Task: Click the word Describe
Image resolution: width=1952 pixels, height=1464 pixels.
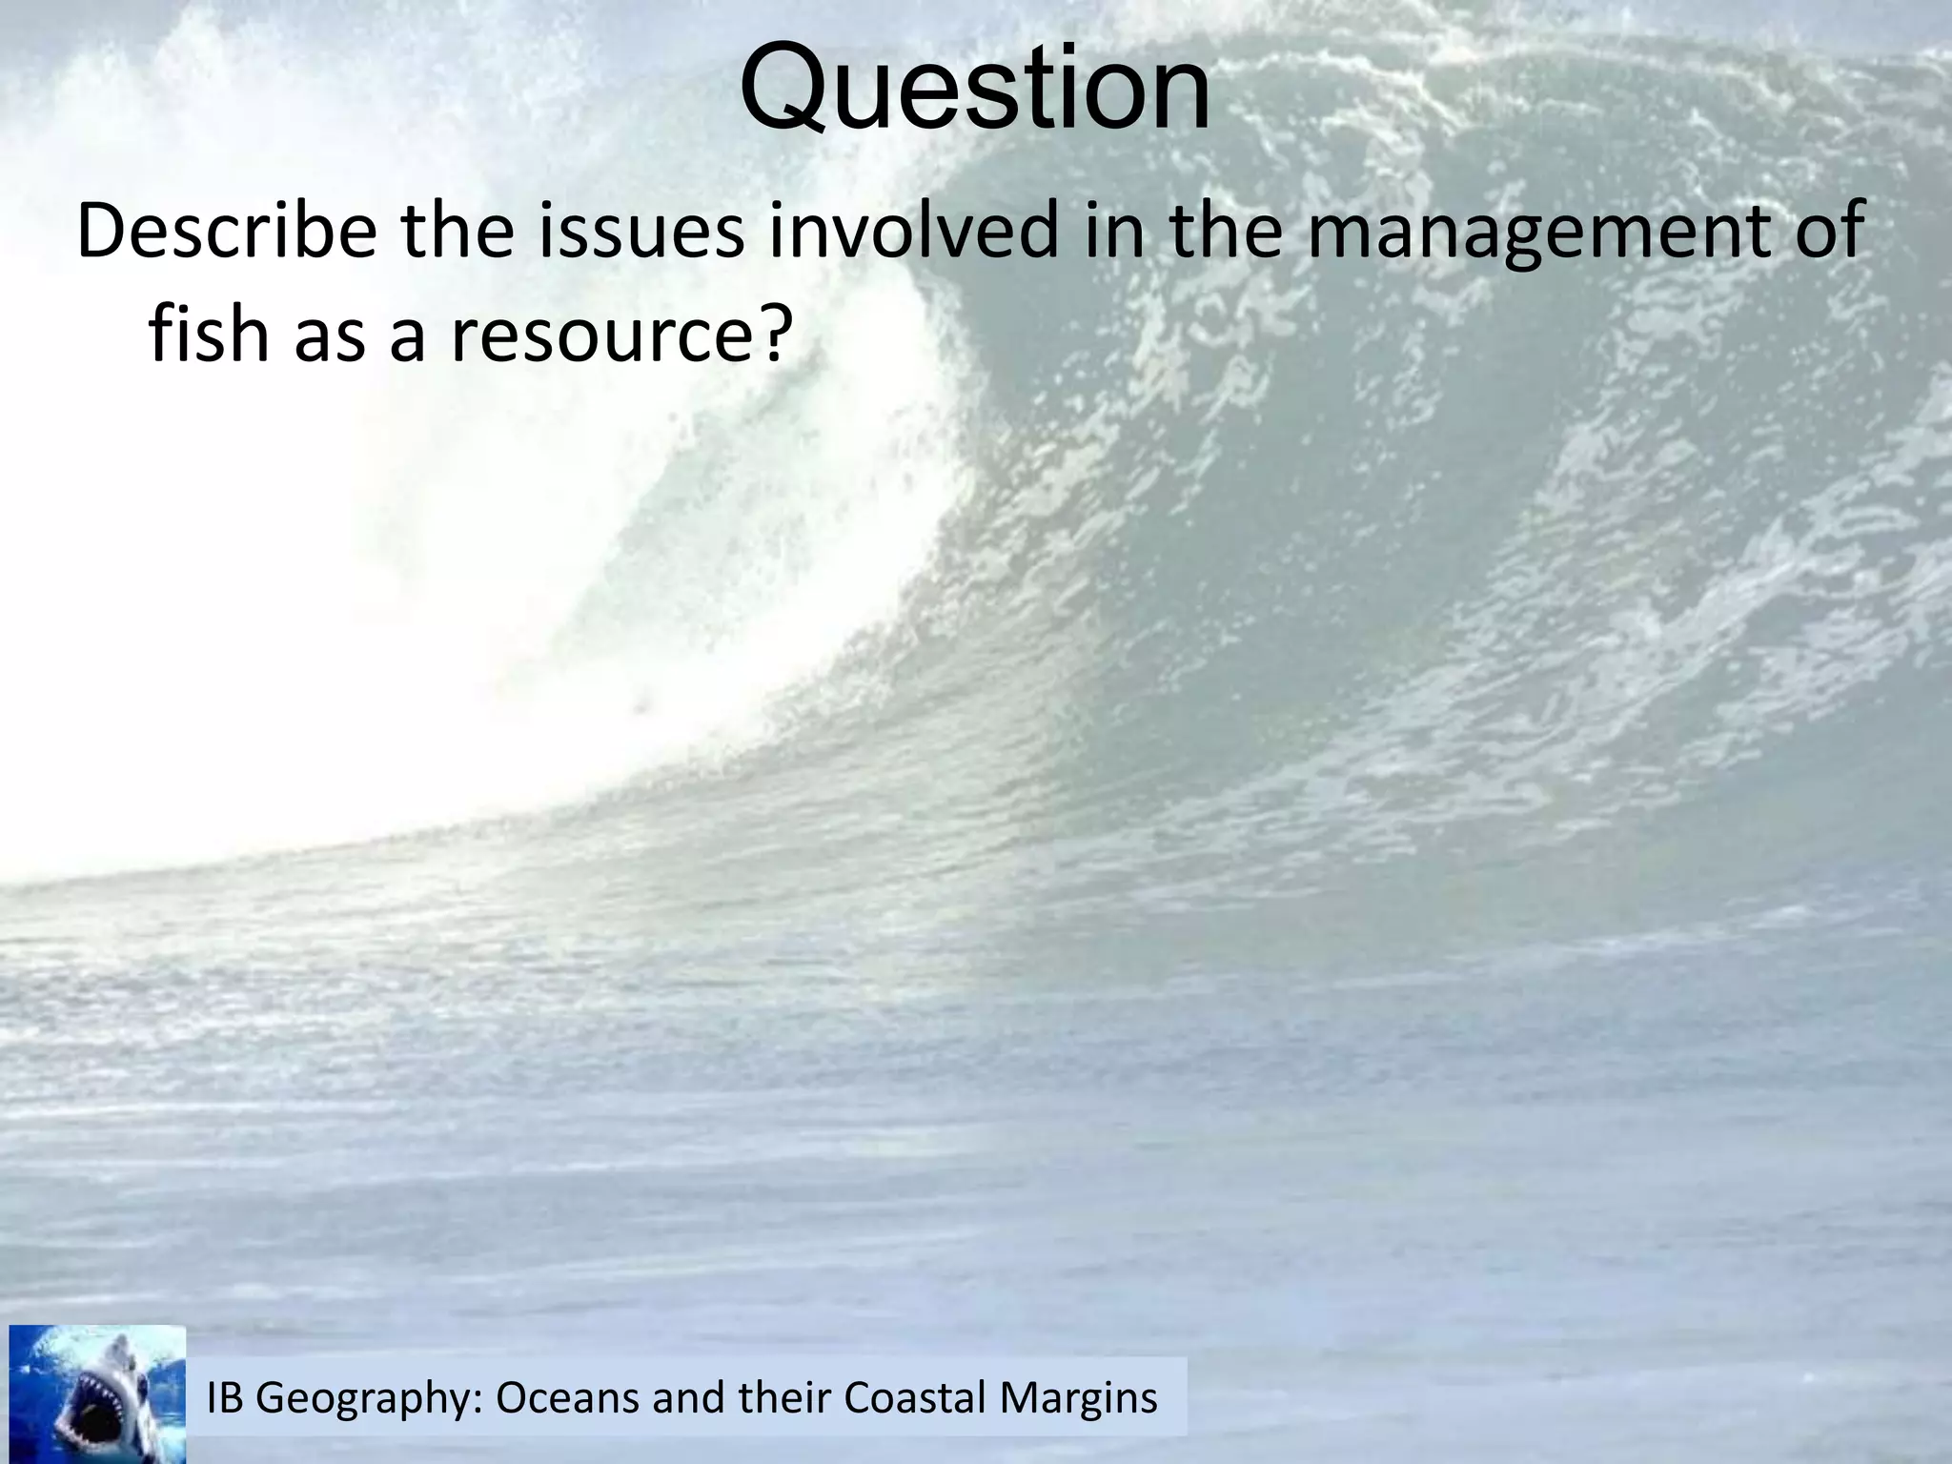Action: (227, 232)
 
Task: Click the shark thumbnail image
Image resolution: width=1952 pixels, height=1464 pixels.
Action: (97, 1393)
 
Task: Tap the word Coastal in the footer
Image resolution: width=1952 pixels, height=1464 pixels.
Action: (915, 1398)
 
